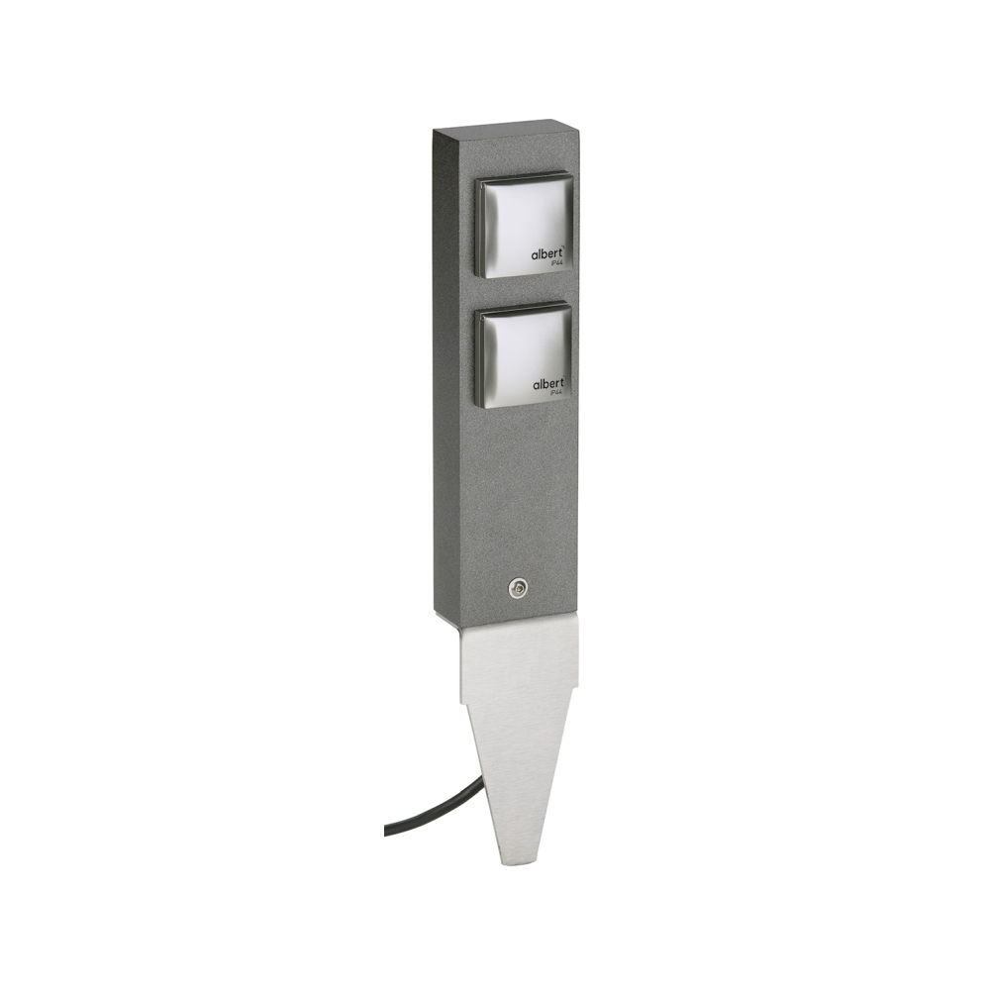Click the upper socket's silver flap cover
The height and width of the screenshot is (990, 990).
(526, 226)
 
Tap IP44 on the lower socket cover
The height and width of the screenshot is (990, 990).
(557, 394)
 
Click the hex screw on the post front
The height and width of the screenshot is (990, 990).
(518, 588)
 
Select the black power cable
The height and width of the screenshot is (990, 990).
(435, 806)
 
